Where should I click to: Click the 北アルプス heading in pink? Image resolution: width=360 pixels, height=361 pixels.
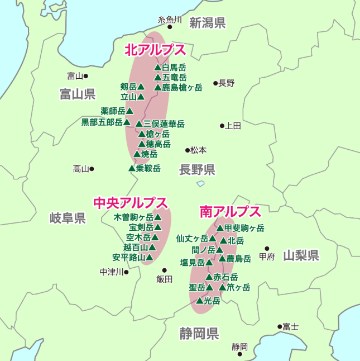click(155, 50)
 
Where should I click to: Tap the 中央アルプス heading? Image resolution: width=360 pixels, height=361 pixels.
click(130, 202)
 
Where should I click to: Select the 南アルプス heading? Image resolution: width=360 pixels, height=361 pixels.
click(230, 211)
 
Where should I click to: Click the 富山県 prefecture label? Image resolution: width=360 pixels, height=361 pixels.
click(78, 94)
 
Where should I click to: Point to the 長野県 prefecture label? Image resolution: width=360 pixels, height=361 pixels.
click(197, 170)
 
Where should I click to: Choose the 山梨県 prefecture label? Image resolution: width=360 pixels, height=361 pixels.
click(301, 256)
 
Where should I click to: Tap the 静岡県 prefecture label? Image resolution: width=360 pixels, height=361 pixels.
click(199, 334)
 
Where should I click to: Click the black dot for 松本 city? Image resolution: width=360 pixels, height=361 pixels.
click(188, 150)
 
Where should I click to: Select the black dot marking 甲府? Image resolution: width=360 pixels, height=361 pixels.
click(267, 249)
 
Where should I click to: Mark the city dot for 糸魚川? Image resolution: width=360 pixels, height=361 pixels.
click(170, 26)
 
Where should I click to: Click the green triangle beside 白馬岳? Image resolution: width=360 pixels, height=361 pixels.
click(157, 67)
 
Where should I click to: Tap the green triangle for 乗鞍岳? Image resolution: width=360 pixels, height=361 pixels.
click(132, 168)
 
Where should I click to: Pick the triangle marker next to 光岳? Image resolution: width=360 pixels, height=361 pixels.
click(199, 301)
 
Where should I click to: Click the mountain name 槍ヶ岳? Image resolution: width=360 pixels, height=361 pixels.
click(158, 134)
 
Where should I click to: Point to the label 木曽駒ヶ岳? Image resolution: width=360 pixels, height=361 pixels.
click(133, 217)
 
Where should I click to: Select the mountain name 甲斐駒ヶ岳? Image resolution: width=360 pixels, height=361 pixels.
click(244, 228)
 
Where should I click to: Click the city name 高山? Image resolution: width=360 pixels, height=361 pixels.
click(81, 169)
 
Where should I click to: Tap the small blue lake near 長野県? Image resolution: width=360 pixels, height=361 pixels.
click(200, 183)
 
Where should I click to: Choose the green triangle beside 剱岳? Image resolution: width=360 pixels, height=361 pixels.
click(141, 87)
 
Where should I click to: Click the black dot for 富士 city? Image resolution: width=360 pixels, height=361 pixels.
click(280, 326)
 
